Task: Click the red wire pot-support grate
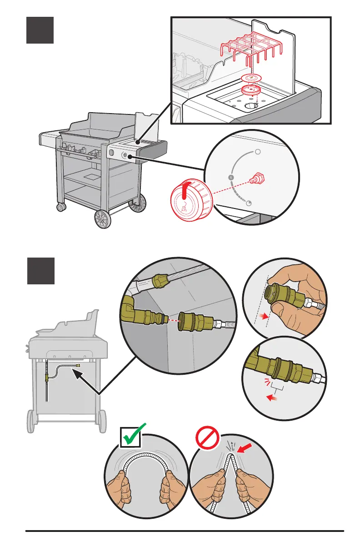point(249,52)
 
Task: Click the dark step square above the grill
point(40,30)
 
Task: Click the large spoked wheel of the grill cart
point(103,220)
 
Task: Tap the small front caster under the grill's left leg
point(60,207)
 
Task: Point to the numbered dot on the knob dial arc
point(231,176)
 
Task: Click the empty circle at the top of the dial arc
point(257,152)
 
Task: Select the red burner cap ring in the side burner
point(248,90)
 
